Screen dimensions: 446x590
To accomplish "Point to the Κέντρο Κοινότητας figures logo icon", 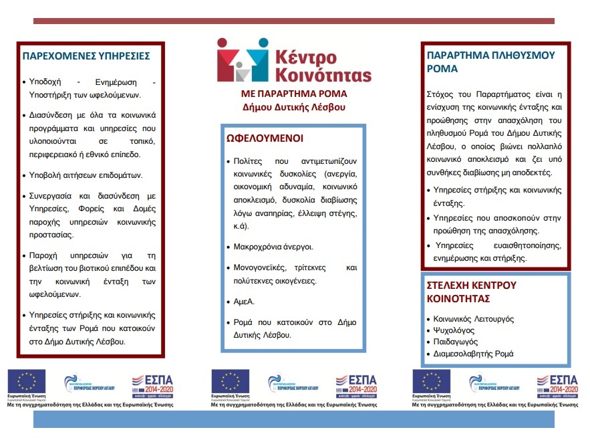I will click(238, 60).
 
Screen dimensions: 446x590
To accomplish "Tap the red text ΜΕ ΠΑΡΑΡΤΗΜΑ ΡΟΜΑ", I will click(293, 94).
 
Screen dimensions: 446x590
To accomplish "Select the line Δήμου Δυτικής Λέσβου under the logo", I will click(293, 107).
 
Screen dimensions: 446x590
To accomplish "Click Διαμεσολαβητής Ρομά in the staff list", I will click(474, 354).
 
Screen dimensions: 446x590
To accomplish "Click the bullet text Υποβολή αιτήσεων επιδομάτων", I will click(86, 176).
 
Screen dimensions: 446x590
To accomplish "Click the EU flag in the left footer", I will click(27, 381).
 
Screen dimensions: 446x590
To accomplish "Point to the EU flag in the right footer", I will click(432, 381).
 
